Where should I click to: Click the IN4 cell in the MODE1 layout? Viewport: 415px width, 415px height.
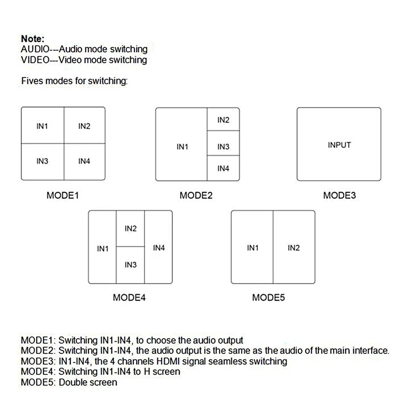[x=84, y=162]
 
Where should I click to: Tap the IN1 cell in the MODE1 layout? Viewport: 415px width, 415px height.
[x=42, y=126]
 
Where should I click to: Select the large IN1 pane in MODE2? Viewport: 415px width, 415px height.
[x=182, y=146]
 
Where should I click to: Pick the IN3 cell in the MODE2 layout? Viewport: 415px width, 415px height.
[x=223, y=146]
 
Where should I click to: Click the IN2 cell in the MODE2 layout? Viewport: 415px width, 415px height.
[x=223, y=120]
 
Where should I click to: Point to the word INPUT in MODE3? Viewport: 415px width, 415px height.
[x=339, y=145]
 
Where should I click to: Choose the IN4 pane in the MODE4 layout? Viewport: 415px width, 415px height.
[x=159, y=248]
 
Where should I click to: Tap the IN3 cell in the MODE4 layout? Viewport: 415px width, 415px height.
[x=130, y=265]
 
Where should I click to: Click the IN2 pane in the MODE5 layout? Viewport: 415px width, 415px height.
[x=293, y=248]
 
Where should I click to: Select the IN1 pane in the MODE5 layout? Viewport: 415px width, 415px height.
[x=252, y=248]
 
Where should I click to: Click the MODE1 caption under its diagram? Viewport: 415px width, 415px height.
[x=62, y=196]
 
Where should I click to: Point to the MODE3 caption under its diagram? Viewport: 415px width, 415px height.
[x=339, y=196]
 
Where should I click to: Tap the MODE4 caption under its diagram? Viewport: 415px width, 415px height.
[x=129, y=297]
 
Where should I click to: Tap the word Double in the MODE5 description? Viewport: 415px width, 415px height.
[x=73, y=382]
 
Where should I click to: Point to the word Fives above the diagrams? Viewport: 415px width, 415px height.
[x=32, y=81]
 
